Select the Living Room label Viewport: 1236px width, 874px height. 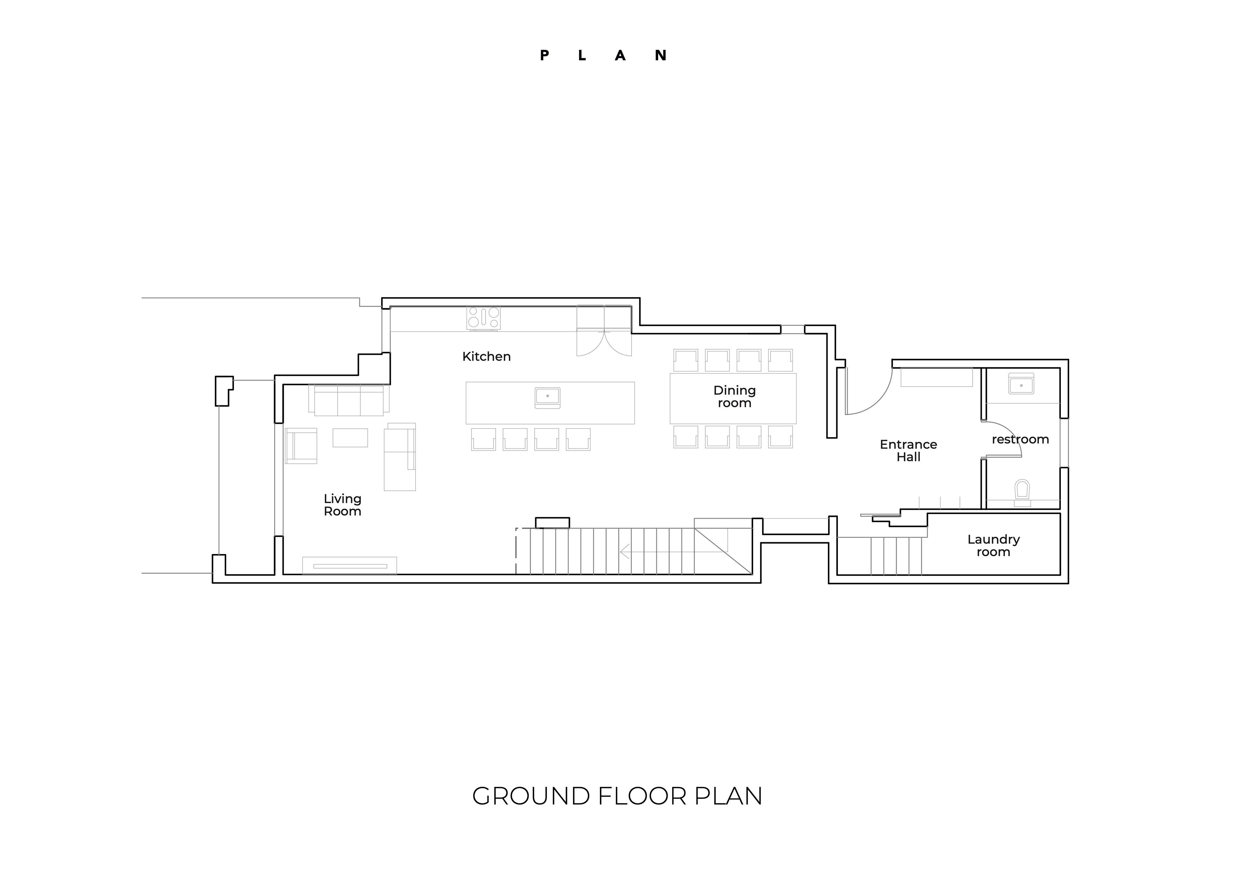(342, 505)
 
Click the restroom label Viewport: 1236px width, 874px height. (1020, 439)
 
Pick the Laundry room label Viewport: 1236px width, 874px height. (993, 546)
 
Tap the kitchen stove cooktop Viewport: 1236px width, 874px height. (483, 318)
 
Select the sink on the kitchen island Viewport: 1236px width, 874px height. (548, 398)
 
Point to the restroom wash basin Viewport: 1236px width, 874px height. (1021, 384)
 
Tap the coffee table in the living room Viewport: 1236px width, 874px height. (350, 438)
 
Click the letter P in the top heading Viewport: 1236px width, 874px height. (544, 55)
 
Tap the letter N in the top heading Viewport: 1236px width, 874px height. (660, 55)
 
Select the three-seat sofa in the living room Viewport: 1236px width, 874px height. (349, 400)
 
